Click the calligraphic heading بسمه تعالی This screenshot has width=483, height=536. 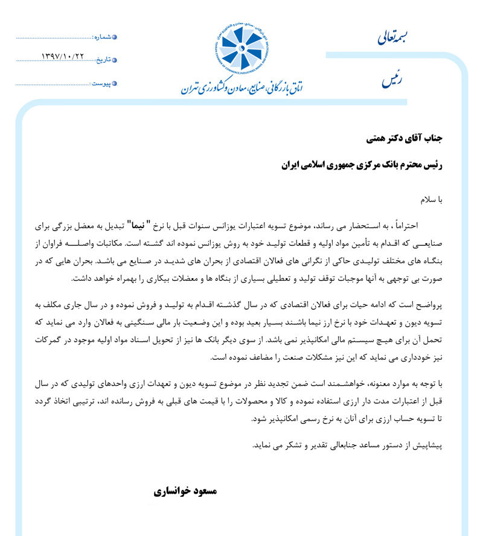coord(392,38)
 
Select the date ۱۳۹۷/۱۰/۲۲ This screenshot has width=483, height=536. coord(62,57)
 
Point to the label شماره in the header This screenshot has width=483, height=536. coord(102,37)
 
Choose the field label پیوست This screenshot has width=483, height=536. coord(101,83)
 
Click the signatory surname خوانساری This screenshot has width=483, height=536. coord(172,491)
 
